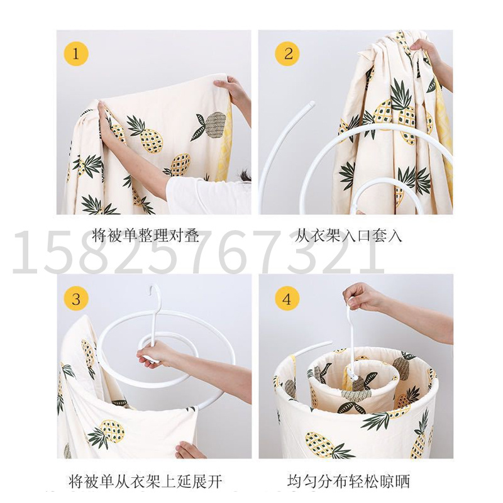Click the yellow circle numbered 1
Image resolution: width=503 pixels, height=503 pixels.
tap(75, 53)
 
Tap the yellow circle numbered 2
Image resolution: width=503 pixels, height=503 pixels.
tap(287, 53)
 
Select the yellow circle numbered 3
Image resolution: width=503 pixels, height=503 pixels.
tap(75, 299)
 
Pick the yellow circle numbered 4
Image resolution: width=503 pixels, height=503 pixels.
tap(287, 299)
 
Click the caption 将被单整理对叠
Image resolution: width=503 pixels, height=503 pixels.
tap(146, 236)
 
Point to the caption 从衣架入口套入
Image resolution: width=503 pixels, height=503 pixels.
tap(348, 236)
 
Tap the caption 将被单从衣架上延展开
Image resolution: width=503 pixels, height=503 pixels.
tap(145, 482)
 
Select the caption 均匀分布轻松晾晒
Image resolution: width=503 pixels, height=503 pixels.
tap(348, 482)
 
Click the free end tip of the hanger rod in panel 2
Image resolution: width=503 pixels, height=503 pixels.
tap(311, 104)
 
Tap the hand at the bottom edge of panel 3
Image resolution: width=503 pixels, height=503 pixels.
tap(190, 450)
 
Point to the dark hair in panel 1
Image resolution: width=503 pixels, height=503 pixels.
tap(245, 175)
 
